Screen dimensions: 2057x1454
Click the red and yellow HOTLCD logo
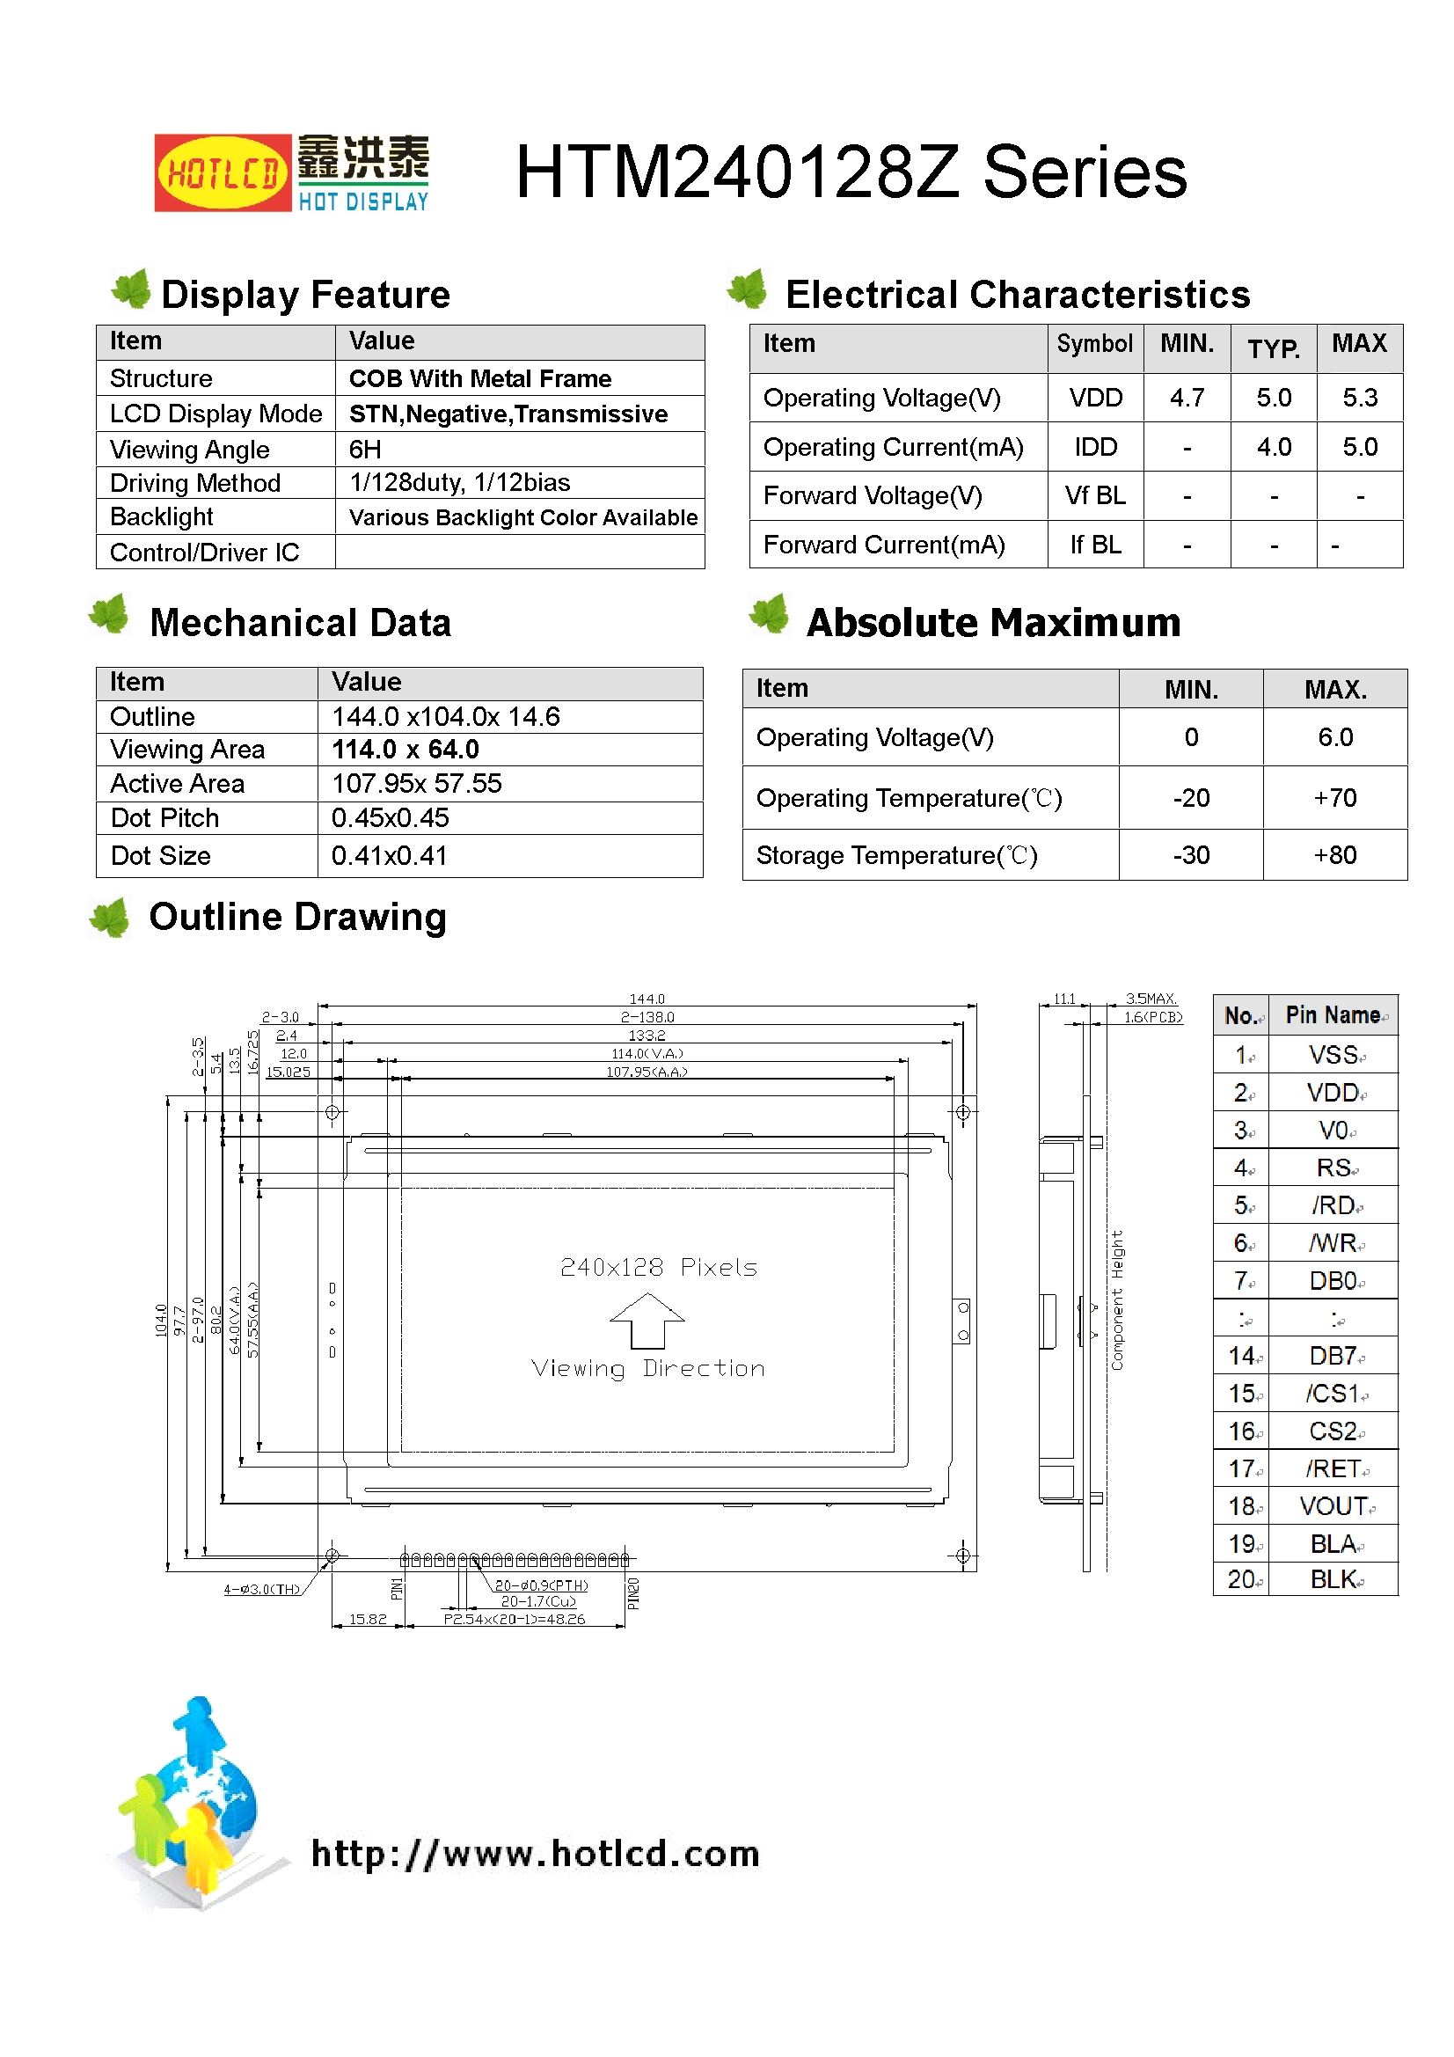(223, 172)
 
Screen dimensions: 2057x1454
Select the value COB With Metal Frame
(480, 378)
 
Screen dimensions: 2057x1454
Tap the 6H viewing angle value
(365, 449)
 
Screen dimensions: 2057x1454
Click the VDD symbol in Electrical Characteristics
(1095, 398)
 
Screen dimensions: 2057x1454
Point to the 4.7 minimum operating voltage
(1186, 398)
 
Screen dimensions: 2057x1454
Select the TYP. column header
(1273, 348)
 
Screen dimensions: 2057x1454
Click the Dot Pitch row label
(164, 818)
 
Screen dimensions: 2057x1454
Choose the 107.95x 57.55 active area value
(417, 784)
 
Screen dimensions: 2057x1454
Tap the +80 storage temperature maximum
(1334, 855)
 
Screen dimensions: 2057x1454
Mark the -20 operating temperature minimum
(1191, 798)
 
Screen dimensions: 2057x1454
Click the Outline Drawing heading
(297, 918)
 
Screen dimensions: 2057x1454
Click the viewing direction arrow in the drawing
(647, 1320)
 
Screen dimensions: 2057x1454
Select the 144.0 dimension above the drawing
(647, 999)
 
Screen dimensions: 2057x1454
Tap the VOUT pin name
(1333, 1507)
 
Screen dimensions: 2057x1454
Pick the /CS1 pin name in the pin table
(1333, 1394)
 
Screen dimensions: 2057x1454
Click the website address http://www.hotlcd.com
(535, 1854)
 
